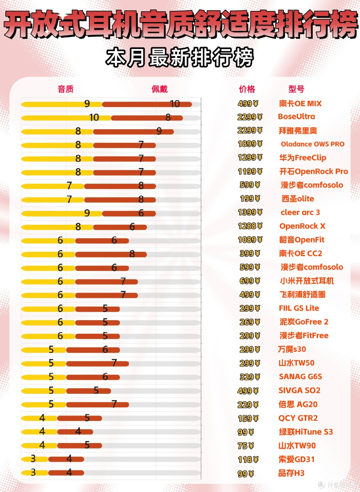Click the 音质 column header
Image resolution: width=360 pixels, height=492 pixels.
[x=65, y=89]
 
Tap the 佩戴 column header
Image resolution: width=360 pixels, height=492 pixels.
[x=160, y=89]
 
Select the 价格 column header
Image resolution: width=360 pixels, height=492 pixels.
[x=247, y=89]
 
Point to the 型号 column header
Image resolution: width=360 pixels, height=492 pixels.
[x=296, y=89]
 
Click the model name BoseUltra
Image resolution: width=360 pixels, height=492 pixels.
[x=296, y=116]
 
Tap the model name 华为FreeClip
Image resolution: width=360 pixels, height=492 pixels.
[x=303, y=158]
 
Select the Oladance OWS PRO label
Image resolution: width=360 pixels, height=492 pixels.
[x=313, y=144]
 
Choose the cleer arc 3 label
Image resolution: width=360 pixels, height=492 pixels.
[x=300, y=213]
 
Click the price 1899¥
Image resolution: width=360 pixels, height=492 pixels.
[x=250, y=144]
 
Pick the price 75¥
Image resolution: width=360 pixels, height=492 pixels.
[x=245, y=446]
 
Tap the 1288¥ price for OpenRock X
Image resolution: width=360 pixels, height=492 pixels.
[x=250, y=226]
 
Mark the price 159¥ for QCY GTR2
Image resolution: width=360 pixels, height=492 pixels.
[x=248, y=418]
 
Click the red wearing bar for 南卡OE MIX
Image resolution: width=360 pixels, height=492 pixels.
[x=147, y=104]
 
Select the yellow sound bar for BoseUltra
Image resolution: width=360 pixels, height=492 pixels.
[x=66, y=118]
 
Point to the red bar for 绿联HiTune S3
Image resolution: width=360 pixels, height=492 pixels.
[x=75, y=432]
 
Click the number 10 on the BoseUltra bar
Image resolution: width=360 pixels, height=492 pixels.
[x=94, y=118]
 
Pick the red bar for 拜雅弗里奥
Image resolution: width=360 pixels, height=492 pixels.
[x=133, y=132]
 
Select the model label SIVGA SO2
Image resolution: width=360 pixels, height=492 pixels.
[x=299, y=390]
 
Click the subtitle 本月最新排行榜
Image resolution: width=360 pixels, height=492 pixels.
[x=180, y=58]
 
